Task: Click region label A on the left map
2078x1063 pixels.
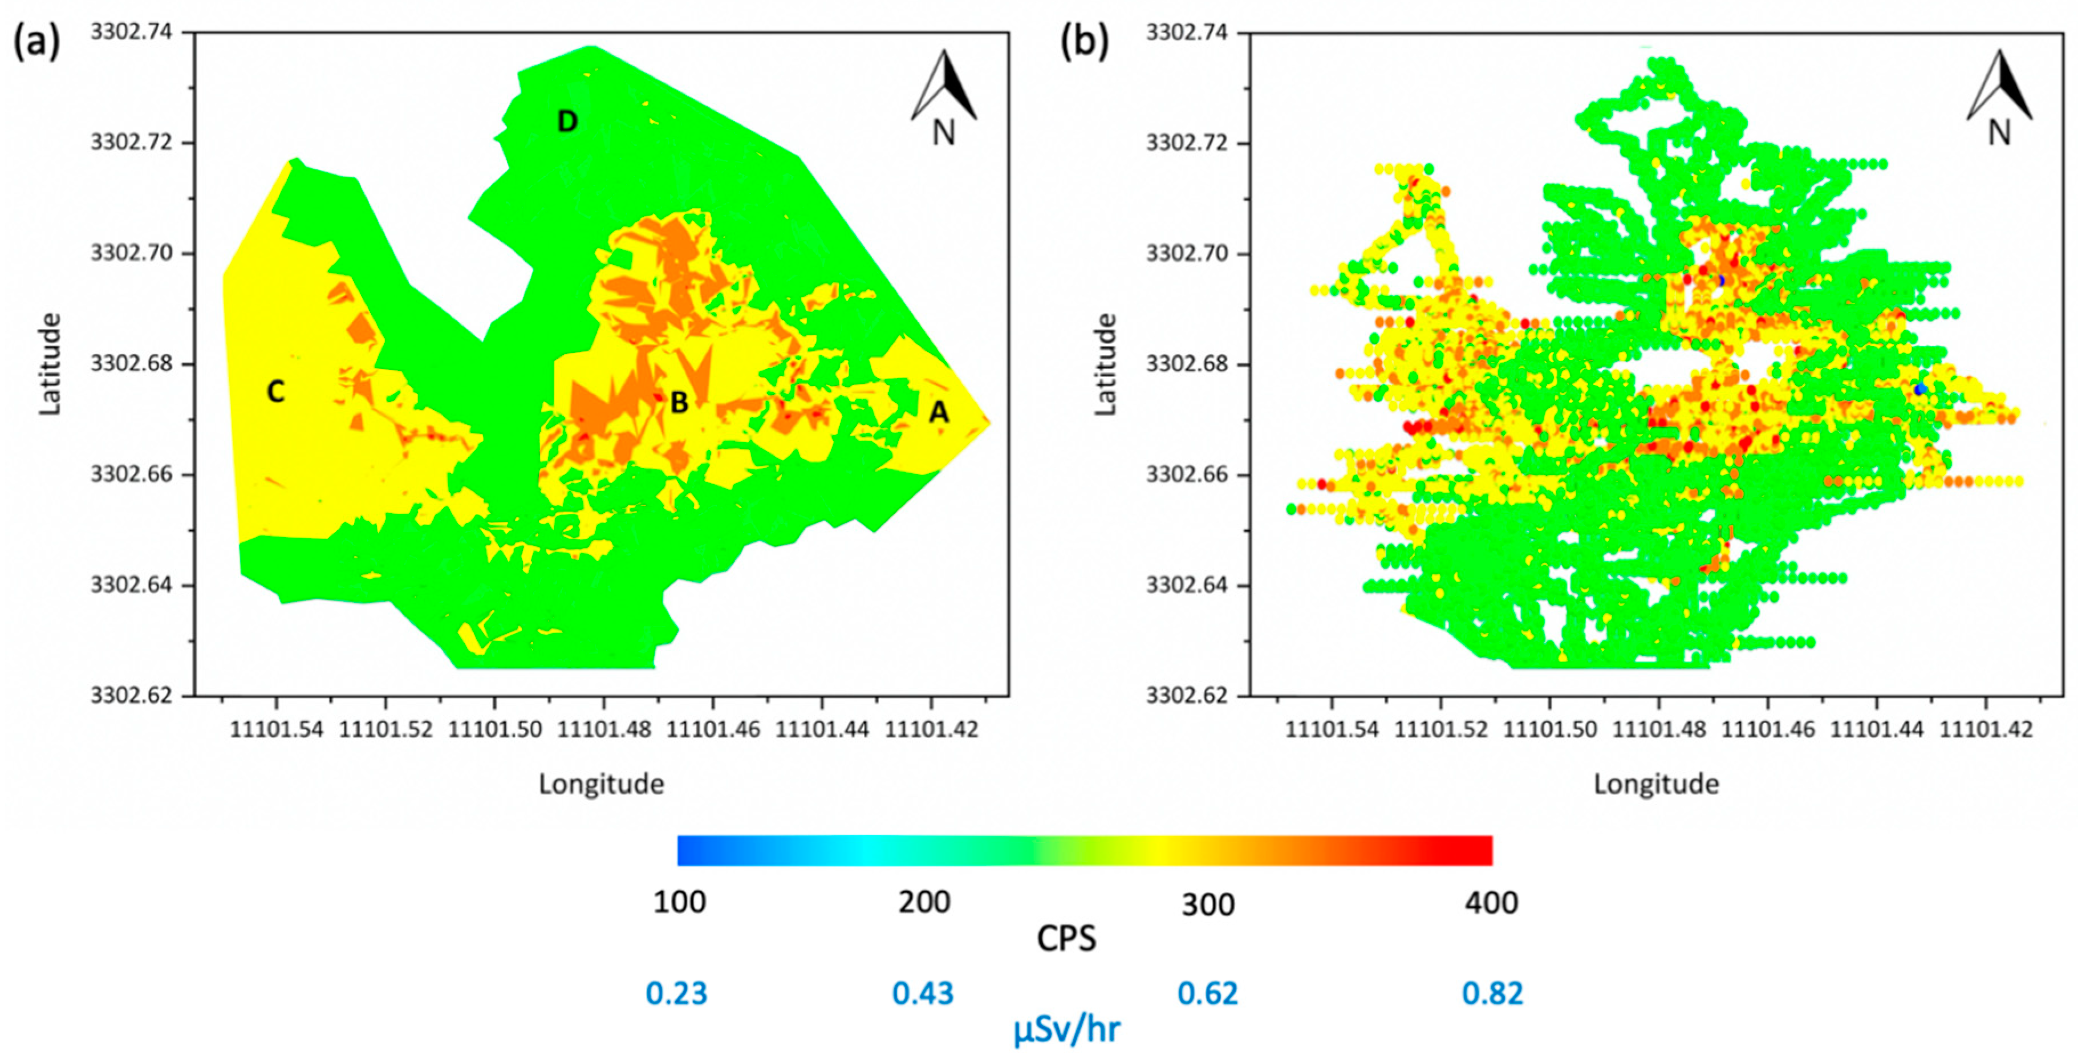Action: [x=938, y=412]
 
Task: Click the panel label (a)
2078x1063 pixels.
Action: [x=36, y=40]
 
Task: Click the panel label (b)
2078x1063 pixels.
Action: [x=1083, y=40]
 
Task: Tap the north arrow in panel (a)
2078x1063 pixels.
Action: [x=944, y=97]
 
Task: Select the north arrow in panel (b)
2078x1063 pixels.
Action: [x=1999, y=97]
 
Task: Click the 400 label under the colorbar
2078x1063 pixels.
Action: [x=1492, y=903]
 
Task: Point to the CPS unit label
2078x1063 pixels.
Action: [x=1066, y=939]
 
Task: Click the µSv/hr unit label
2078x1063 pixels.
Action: [x=1066, y=1030]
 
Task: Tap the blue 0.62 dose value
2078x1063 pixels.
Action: [x=1208, y=993]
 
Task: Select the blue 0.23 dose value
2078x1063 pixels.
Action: [x=676, y=993]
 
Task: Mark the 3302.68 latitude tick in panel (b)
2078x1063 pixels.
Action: [x=1187, y=364]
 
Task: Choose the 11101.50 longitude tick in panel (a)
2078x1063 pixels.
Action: [x=494, y=729]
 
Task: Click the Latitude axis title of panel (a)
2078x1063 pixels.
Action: [x=50, y=364]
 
